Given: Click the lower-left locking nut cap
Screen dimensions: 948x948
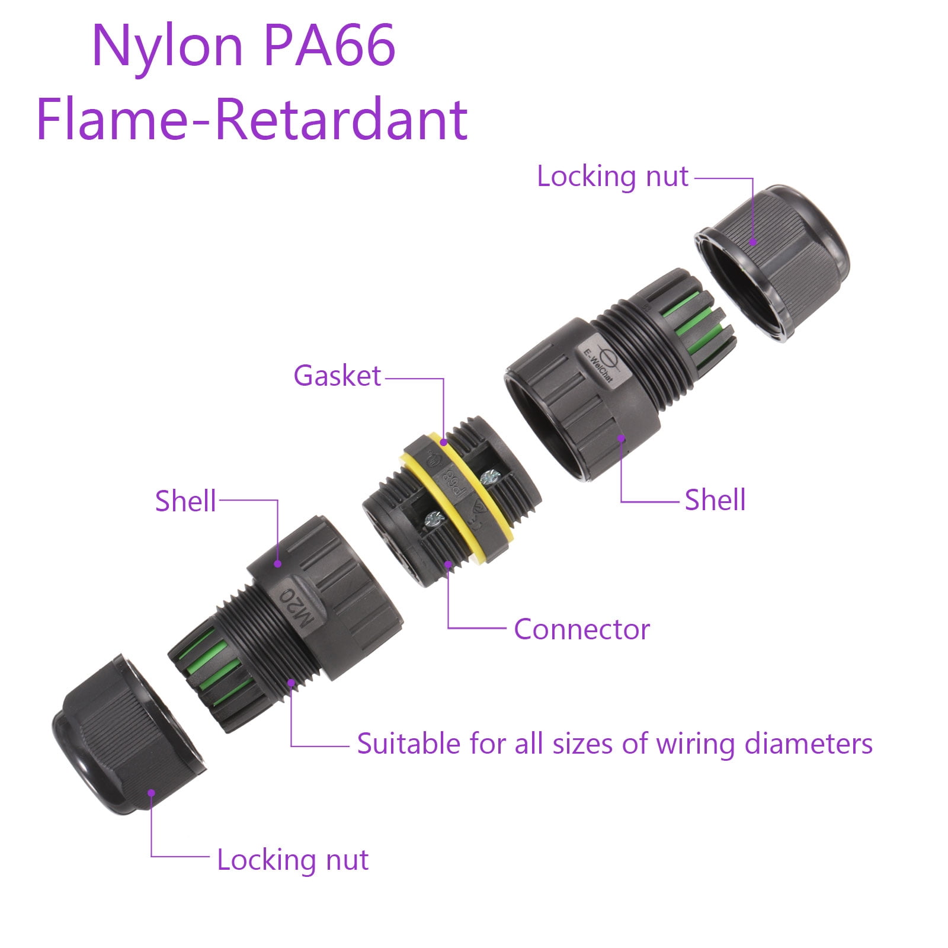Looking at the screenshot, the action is click(129, 735).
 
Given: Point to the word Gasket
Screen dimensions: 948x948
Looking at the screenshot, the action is click(337, 376).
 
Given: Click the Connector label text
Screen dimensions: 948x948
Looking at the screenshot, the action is click(582, 629).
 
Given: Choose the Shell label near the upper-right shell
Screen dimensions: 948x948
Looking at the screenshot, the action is click(715, 500).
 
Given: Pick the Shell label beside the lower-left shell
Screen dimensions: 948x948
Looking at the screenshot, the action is click(185, 501).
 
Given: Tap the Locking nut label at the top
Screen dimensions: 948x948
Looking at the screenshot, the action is click(613, 177).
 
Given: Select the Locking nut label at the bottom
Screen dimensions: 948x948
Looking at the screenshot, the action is click(293, 860).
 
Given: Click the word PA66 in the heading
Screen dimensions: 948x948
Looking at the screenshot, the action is click(329, 46).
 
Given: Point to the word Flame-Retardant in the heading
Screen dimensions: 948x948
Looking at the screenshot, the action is click(252, 120).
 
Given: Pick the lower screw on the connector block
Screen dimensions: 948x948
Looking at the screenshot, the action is click(434, 520).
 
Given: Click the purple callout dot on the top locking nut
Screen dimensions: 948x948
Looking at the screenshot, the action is click(752, 242).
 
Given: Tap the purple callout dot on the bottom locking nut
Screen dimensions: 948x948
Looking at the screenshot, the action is click(152, 793).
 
